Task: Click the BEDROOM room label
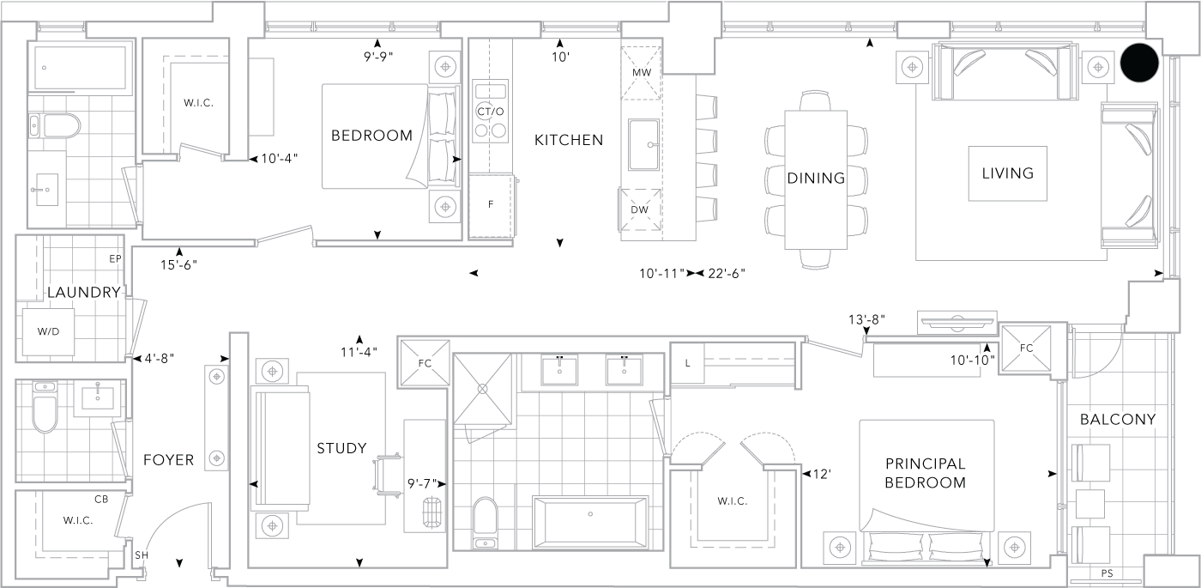point(371,136)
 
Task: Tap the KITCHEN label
point(569,140)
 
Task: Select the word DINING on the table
point(816,179)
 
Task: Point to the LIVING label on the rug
point(1008,173)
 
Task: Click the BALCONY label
point(1118,420)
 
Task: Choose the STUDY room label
point(341,448)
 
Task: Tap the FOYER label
point(168,460)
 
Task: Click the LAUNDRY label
point(83,293)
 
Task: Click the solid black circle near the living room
point(1140,64)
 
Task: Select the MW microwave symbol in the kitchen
point(642,73)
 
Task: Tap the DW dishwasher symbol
point(640,209)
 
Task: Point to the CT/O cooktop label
point(490,112)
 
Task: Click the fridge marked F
point(490,206)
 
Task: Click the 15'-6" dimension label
point(179,265)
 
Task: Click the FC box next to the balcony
point(1025,349)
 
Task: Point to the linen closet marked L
point(688,363)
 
